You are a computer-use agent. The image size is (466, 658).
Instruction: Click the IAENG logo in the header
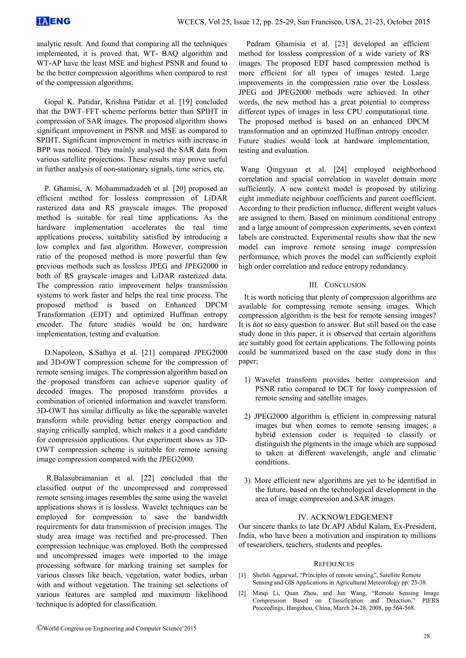click(x=53, y=21)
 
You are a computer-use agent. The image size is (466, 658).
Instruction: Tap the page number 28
click(x=426, y=636)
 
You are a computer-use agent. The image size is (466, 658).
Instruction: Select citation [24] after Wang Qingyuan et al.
click(x=340, y=169)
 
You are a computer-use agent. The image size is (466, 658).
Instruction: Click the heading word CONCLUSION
click(x=345, y=285)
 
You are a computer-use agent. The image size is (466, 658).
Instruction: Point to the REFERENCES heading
click(x=334, y=564)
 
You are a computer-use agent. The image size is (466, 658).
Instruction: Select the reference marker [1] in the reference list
click(x=242, y=575)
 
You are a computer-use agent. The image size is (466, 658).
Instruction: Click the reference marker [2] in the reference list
click(x=242, y=593)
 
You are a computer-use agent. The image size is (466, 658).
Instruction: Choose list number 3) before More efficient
click(x=247, y=481)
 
